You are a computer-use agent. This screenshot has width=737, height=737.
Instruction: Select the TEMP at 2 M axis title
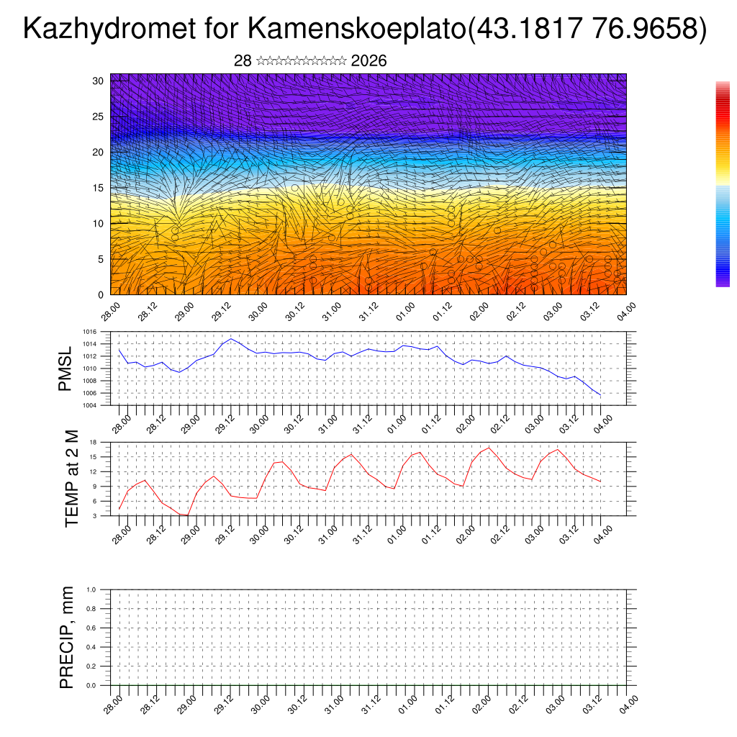click(x=71, y=478)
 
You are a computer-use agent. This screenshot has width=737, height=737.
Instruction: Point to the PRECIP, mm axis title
click(x=67, y=637)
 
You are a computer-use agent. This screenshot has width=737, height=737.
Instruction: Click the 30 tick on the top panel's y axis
click(x=98, y=81)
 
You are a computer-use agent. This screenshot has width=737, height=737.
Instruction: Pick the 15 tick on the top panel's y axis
click(x=98, y=188)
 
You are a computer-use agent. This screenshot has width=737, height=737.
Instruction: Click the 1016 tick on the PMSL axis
click(x=89, y=332)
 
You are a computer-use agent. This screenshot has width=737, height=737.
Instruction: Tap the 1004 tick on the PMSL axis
click(x=89, y=405)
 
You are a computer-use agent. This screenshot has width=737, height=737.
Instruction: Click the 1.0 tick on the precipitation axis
click(x=91, y=589)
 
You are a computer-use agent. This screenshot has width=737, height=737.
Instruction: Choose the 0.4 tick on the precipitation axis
click(x=91, y=647)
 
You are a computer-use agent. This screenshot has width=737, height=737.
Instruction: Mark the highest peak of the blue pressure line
click(x=230, y=338)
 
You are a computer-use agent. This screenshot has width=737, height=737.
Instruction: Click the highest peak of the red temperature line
click(x=489, y=448)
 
